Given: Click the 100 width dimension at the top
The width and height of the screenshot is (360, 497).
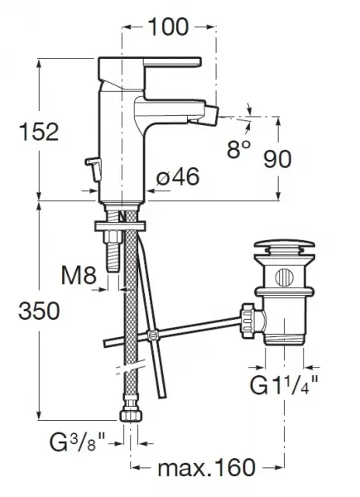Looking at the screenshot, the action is (x=168, y=27).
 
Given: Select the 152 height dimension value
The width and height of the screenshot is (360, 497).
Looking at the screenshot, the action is (x=39, y=132).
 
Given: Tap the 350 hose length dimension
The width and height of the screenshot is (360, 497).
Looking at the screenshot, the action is (x=39, y=311).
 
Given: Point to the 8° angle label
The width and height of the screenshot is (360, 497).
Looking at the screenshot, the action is (x=238, y=148).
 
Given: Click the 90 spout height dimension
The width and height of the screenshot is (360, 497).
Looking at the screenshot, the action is (x=277, y=159).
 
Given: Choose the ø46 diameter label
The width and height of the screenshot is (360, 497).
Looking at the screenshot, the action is (x=178, y=176).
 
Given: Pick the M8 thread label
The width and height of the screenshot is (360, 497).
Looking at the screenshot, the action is (x=79, y=275).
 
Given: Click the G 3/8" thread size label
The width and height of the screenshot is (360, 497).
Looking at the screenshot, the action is (x=77, y=442).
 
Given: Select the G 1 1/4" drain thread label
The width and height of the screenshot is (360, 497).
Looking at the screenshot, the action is (x=284, y=384).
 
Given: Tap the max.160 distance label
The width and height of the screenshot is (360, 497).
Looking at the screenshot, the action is (x=206, y=467).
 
